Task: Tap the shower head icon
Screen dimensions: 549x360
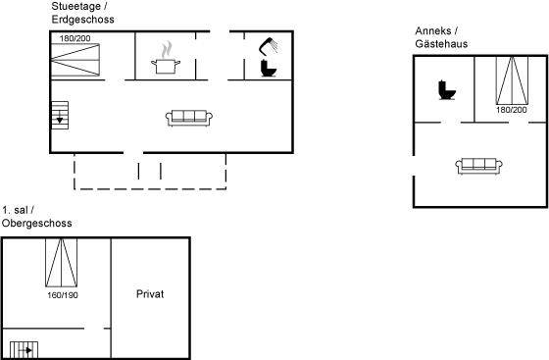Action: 268,46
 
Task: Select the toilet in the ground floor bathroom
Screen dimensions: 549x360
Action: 269,69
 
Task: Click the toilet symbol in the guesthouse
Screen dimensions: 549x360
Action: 447,90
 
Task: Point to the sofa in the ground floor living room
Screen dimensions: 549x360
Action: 189,118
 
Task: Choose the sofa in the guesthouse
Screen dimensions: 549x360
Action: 478,166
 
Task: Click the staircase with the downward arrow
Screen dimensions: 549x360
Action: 60,115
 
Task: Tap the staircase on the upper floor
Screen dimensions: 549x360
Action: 24,350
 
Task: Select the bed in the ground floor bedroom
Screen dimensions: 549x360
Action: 75,60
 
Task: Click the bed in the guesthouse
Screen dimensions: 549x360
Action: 512,80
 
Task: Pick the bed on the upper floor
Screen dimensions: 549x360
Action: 61,263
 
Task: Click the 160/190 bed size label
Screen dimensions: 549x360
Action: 63,295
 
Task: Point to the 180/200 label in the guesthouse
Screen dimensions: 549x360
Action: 511,110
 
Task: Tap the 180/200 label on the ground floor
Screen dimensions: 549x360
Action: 75,38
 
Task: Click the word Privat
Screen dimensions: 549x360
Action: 150,294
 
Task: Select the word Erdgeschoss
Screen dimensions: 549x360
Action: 83,20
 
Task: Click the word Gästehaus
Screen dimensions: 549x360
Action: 441,44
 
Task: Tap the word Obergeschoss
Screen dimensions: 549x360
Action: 37,223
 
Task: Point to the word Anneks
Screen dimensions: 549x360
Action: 433,30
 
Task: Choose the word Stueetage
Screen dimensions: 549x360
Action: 76,6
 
